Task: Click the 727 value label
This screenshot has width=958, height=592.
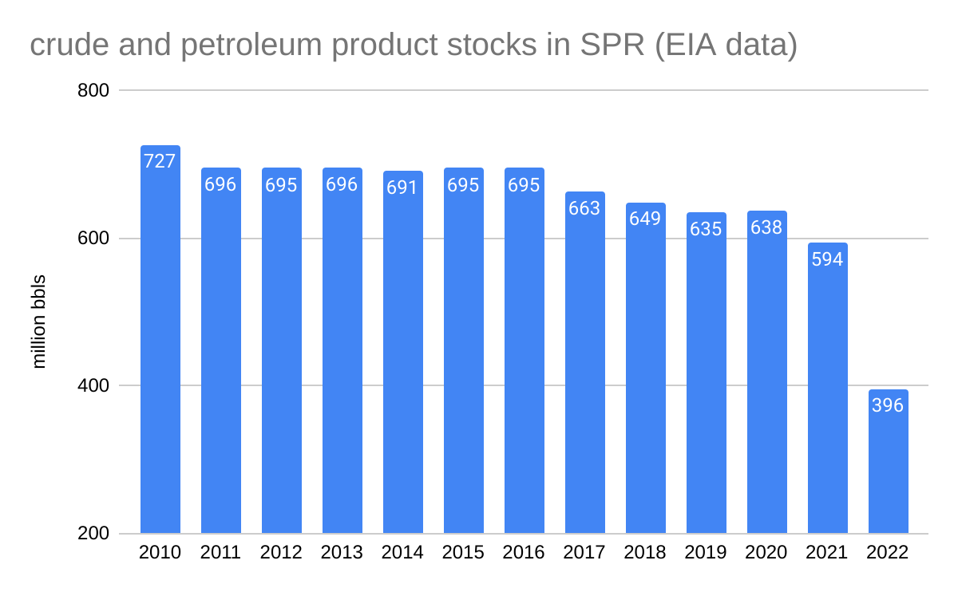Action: tap(160, 161)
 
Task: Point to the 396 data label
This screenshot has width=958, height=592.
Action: tap(889, 405)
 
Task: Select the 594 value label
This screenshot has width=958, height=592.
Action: tap(828, 259)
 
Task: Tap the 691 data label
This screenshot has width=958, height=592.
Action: tap(403, 188)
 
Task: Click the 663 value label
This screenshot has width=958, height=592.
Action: tap(585, 208)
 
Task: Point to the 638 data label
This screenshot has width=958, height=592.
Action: tap(767, 227)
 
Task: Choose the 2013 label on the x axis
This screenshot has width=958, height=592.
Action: tap(342, 553)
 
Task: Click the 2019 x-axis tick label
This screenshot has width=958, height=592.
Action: tap(707, 553)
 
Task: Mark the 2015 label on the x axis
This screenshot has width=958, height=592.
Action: tap(464, 553)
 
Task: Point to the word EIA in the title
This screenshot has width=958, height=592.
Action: tap(695, 45)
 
